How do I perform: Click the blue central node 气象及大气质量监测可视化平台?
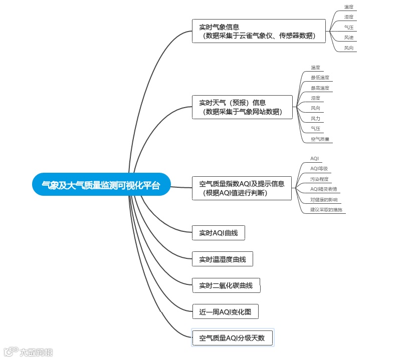pos(101,185)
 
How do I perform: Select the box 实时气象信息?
pos(259,31)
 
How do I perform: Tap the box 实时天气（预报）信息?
pos(242,107)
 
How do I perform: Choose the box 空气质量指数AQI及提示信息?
pos(242,188)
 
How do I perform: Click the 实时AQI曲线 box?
pos(219,233)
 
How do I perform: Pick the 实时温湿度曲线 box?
pos(223,259)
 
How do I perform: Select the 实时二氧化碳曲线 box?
pos(226,286)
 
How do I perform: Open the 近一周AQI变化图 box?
pos(225,312)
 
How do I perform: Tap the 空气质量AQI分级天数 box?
pos(232,338)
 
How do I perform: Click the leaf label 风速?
pos(349,38)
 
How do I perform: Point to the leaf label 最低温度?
pos(320,78)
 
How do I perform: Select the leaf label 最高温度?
pos(320,88)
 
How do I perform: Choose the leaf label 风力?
pos(315,119)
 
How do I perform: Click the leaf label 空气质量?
pos(320,139)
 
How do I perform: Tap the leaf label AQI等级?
pos(319,169)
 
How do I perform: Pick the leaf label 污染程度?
pos(320,179)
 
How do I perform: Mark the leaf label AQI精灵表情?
pos(323,189)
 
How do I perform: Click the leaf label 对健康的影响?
pos(323,200)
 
